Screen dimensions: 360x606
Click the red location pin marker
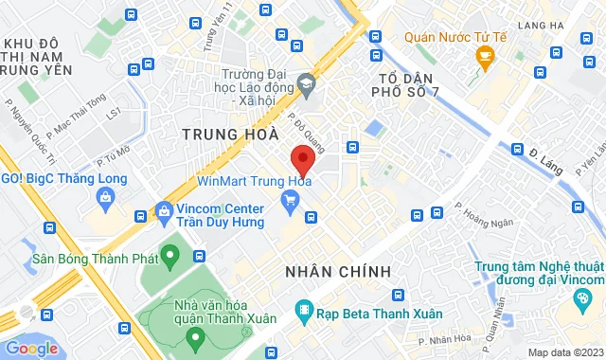(302, 159)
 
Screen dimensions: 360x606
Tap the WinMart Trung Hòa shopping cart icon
(291, 199)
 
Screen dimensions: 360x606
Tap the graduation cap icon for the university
(306, 84)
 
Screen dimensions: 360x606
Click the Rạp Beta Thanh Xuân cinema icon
(304, 309)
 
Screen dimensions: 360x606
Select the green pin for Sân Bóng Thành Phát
(170, 254)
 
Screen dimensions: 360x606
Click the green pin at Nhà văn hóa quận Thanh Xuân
(194, 335)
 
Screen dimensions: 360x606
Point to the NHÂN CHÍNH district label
(338, 272)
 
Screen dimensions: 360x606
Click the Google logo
(31, 348)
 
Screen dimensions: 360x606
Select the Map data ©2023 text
(563, 352)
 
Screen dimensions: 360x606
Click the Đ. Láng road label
(546, 156)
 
